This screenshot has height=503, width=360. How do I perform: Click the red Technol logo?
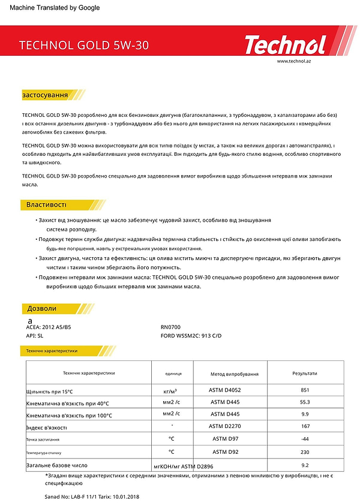285,44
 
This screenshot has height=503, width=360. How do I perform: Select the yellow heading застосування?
45,95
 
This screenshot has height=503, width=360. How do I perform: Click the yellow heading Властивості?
46,205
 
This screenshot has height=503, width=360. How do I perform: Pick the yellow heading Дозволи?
42,308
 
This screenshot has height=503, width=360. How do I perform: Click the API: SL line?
36,336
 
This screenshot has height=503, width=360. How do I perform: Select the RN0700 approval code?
171,327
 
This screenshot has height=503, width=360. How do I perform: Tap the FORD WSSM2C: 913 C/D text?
191,336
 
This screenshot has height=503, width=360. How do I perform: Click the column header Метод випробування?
235,374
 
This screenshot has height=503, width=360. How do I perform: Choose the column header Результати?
304,373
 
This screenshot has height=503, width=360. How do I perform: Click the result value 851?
304,389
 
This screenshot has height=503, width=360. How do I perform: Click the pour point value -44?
304,439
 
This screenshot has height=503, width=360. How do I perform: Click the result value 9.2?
304,465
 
